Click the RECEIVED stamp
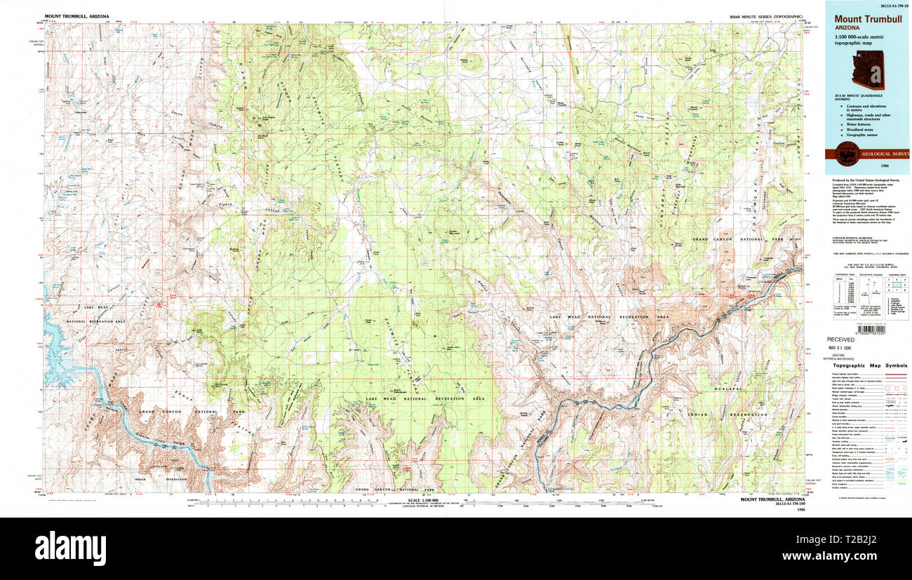click(x=840, y=339)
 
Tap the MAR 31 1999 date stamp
click(x=841, y=347)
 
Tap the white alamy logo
click(x=70, y=548)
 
